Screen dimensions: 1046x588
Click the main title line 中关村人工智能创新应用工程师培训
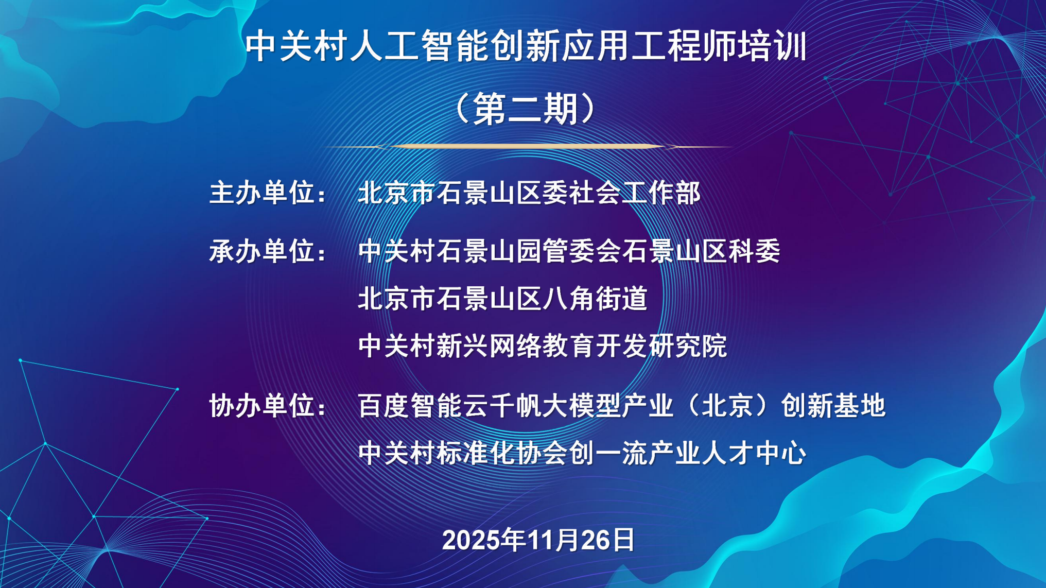point(526,46)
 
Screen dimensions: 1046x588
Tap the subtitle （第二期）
point(526,109)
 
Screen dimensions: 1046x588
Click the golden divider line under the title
point(528,147)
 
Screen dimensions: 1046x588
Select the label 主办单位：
point(268,193)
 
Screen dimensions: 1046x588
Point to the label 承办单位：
point(268,251)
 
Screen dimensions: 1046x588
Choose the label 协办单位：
point(268,406)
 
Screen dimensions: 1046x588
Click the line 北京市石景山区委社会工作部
point(529,193)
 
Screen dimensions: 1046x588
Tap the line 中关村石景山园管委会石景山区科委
point(569,251)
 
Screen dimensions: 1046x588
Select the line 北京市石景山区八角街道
point(502,299)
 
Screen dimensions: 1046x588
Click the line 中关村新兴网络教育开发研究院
point(543,345)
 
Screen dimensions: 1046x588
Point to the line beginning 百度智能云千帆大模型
point(622,406)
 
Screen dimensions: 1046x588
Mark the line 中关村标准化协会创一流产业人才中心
point(582,453)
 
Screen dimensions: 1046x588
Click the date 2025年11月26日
point(538,540)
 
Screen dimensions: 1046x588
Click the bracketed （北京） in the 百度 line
point(727,406)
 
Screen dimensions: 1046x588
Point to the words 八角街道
point(595,299)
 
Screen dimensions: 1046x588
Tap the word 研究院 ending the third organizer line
point(688,345)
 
